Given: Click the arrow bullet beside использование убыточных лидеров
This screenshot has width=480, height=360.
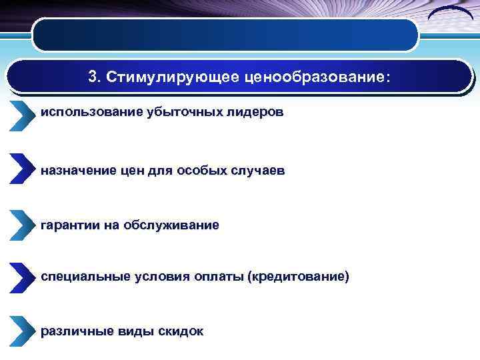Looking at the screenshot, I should [x=21, y=116].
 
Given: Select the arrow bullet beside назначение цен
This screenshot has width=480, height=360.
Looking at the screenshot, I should [x=21, y=169].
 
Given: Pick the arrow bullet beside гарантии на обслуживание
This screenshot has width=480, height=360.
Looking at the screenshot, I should [x=21, y=224].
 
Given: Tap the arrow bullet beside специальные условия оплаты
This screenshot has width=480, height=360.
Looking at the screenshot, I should [x=21, y=276].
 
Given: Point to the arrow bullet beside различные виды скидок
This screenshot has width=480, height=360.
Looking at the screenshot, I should [x=21, y=330].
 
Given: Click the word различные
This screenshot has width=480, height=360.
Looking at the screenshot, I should [x=71, y=331].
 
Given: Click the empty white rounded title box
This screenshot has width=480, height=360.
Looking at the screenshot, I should [x=225, y=35].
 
